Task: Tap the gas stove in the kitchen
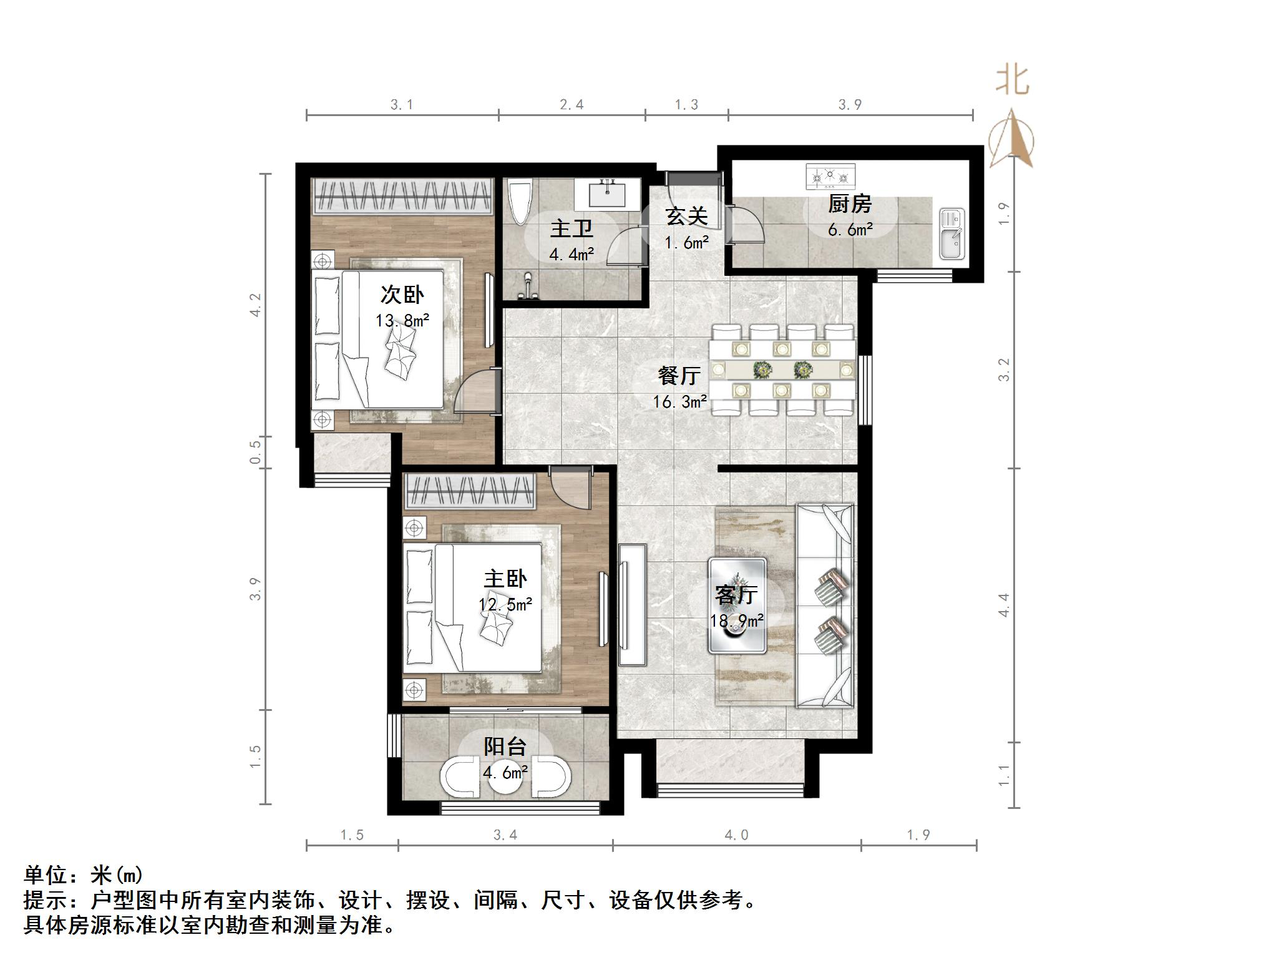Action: (x=830, y=177)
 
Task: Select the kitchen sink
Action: (x=951, y=234)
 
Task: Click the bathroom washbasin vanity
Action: (x=607, y=193)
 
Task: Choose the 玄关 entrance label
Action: (x=686, y=217)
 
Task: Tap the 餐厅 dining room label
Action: (x=679, y=376)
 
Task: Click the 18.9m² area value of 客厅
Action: (x=737, y=621)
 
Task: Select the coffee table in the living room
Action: (x=737, y=605)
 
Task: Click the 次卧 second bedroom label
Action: (x=402, y=295)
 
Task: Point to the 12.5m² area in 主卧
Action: (x=505, y=605)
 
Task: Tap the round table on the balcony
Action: (x=505, y=777)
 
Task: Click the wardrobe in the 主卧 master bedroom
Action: (x=471, y=492)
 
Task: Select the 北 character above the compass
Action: (x=1012, y=81)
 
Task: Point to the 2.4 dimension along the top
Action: (x=571, y=105)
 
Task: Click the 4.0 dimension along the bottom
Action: (x=736, y=835)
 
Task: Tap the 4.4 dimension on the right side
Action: (x=1003, y=605)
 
